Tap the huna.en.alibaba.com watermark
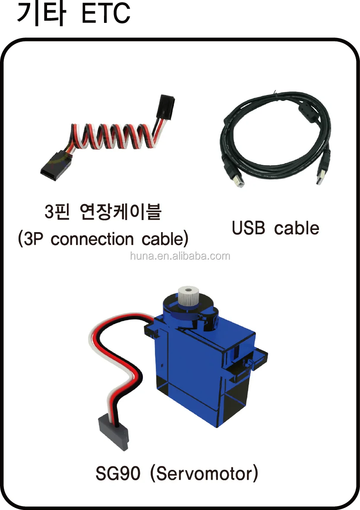coord(180,256)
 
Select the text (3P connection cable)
coord(103,239)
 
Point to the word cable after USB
coord(297,228)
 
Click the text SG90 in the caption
coord(118,474)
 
